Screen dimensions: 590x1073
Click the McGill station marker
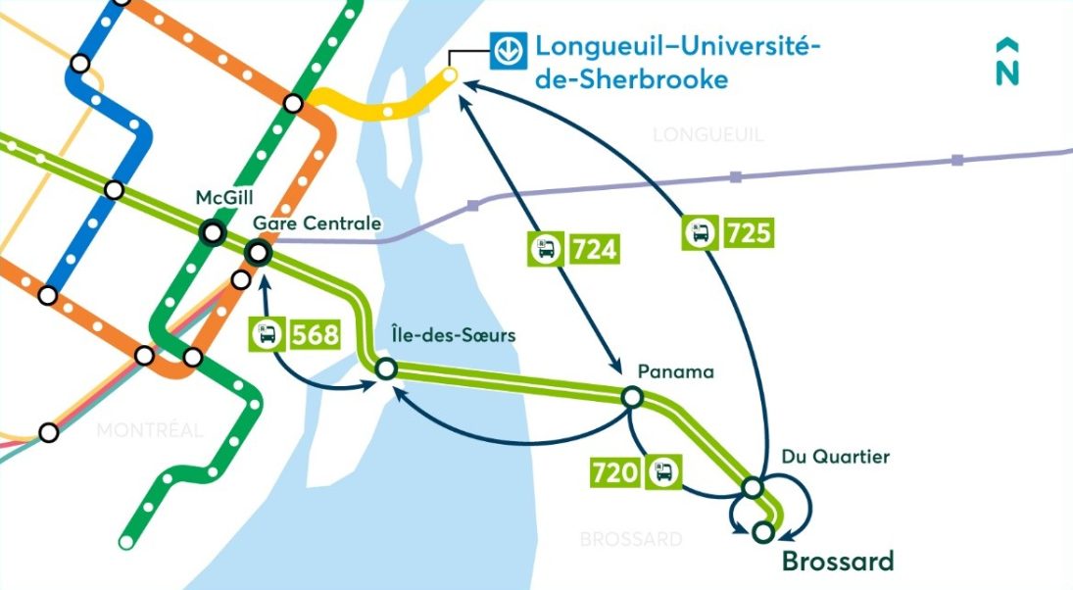212,233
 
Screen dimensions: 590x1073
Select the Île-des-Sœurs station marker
386,369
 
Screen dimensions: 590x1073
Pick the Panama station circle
632,397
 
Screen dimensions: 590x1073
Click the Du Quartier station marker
753,487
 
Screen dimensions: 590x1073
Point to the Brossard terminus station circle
763,531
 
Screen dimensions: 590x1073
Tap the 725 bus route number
750,233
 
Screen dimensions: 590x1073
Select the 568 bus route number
316,334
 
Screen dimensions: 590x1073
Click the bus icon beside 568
268,334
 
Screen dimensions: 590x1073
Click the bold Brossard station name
837,562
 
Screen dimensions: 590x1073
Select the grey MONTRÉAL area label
150,429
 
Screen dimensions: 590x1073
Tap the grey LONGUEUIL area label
707,134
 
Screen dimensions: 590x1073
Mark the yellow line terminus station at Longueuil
450,74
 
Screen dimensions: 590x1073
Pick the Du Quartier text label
822,457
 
